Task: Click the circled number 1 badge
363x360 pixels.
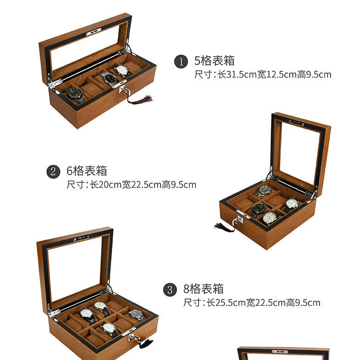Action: pyautogui.click(x=181, y=62)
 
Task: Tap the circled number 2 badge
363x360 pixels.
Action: pyautogui.click(x=53, y=172)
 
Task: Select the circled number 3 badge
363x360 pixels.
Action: pyautogui.click(x=170, y=290)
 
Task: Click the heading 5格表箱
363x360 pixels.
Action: pyautogui.click(x=215, y=61)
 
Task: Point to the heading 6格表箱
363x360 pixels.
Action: pyautogui.click(x=87, y=171)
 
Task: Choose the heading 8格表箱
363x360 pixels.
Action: pyautogui.click(x=204, y=289)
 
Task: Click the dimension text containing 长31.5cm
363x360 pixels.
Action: pyautogui.click(x=262, y=74)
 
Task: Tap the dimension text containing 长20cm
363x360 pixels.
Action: pyautogui.click(x=131, y=185)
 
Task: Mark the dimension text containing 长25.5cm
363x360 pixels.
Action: pyautogui.click(x=251, y=303)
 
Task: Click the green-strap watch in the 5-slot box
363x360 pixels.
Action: pyautogui.click(x=75, y=93)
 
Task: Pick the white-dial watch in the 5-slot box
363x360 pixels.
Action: pyautogui.click(x=122, y=71)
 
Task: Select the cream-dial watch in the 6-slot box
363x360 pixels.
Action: pyautogui.click(x=270, y=217)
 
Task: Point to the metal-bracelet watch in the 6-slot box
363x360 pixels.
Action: pyautogui.click(x=265, y=190)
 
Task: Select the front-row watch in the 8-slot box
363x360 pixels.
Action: pyautogui.click(x=109, y=328)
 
